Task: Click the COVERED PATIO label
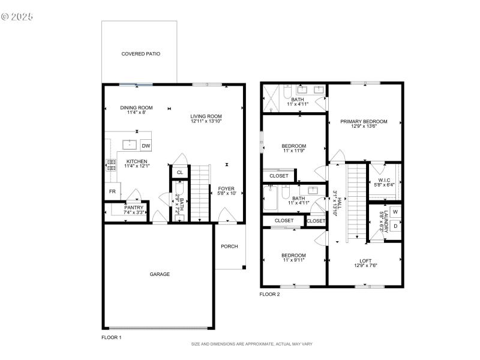tap(140, 53)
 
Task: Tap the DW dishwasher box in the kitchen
tap(146, 146)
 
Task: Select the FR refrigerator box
tap(112, 191)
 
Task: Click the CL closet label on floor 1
tap(179, 173)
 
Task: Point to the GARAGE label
tap(160, 274)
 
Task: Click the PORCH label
tap(229, 246)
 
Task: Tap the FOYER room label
tap(227, 188)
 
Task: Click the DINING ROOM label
tap(137, 107)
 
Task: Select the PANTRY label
tap(134, 208)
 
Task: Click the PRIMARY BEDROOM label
tap(364, 121)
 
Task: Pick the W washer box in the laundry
tap(395, 212)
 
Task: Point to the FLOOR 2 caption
tap(269, 294)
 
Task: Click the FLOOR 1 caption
tap(112, 338)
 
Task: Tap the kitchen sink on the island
tap(129, 145)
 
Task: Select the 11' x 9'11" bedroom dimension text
tap(294, 260)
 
